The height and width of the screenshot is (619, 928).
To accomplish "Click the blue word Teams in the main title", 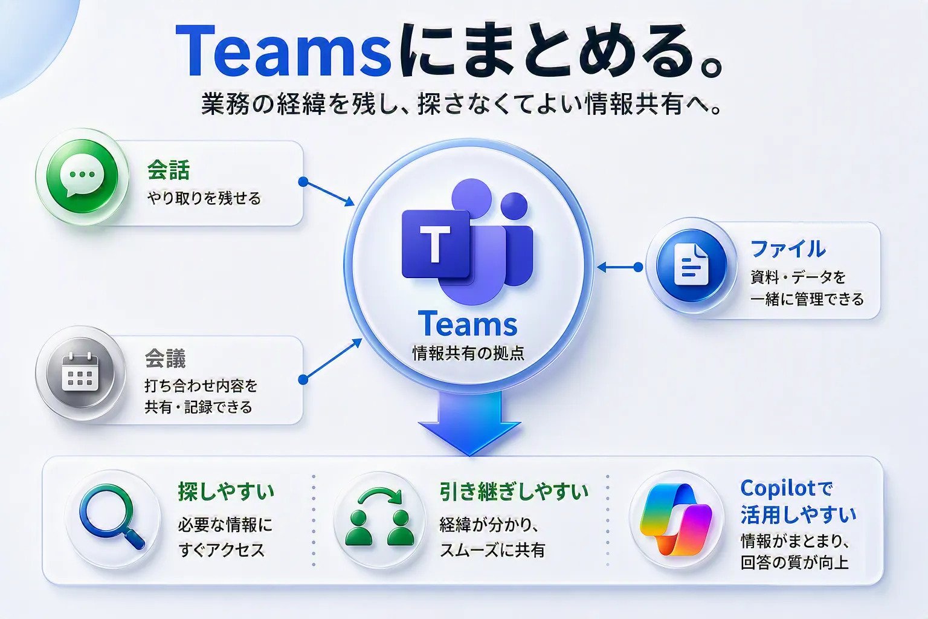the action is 283,51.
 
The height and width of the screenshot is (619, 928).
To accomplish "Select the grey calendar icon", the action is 80,372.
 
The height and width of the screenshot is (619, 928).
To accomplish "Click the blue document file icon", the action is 691,265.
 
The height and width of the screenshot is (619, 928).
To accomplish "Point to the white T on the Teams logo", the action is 434,244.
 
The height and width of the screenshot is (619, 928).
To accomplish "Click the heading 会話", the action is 169,170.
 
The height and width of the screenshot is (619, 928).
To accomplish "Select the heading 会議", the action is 166,358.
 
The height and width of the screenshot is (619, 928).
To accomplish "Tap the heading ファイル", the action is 788,249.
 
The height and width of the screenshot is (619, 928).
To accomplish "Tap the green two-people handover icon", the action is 379,517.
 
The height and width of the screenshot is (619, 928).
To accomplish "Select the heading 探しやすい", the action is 226,491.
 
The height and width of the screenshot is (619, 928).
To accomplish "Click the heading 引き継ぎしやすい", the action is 514,491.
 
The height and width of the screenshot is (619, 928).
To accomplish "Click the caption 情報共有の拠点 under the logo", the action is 469,353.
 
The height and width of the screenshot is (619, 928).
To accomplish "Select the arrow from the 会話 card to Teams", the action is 327,193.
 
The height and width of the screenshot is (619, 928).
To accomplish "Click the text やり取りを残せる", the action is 204,198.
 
